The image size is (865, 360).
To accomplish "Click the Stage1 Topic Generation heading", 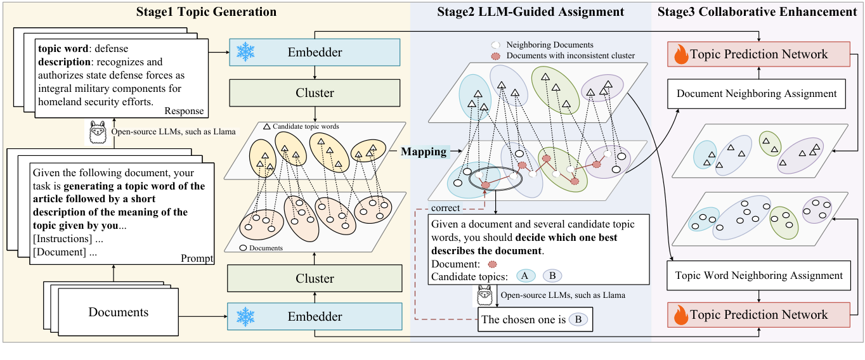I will coord(206,12).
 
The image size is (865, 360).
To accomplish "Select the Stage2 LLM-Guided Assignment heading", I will coord(531,12).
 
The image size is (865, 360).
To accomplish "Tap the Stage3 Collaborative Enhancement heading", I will coord(757,12).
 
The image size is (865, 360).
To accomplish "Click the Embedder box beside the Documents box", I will coord(315,317).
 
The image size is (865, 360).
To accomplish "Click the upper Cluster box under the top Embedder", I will coord(315,93).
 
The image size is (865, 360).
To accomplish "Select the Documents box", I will coord(119,312).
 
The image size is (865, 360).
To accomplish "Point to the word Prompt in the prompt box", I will coord(197,259).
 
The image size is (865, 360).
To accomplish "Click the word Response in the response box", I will coord(184,111).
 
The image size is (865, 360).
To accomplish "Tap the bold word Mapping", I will coord(424,152).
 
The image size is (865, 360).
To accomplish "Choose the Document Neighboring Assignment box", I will coord(757,94).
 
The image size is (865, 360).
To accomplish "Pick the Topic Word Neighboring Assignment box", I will coord(758,276).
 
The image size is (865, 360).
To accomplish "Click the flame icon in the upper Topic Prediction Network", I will coord(680,55).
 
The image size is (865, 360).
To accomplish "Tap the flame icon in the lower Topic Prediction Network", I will coord(680,315).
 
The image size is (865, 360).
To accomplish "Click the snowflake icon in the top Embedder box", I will coord(244,53).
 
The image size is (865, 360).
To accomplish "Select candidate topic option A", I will coord(526,276).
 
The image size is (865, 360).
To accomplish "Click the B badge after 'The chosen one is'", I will coord(578,320).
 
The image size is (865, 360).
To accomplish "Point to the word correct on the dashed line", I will coord(445,208).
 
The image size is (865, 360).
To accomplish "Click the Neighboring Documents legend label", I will coord(550,45).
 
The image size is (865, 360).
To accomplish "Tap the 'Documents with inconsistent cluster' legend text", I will coord(571,56).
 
